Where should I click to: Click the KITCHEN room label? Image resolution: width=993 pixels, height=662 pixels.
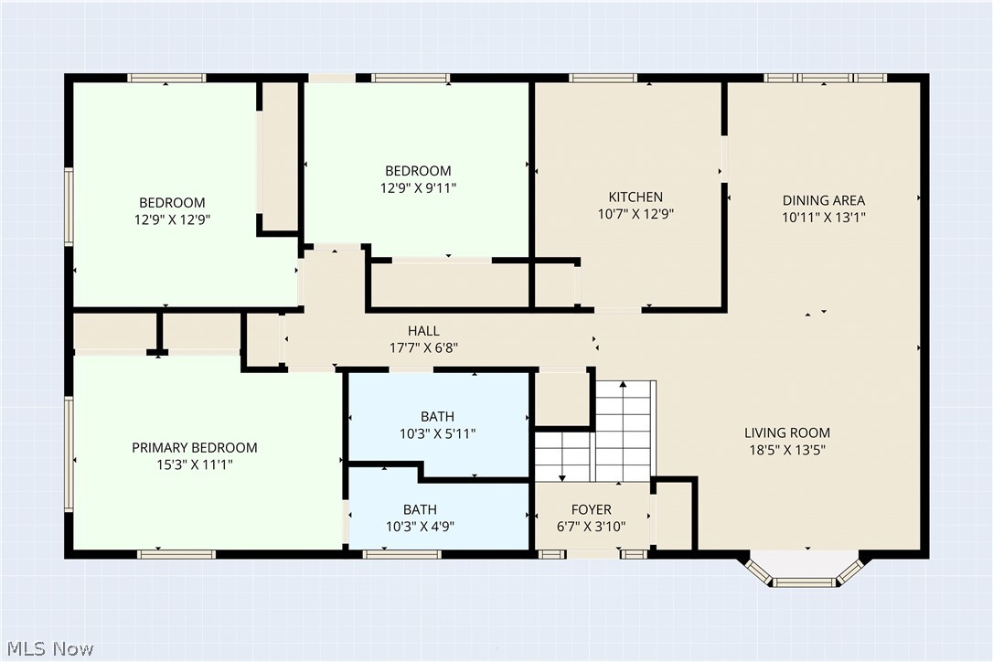coord(635,197)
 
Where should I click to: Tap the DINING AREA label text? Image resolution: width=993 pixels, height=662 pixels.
coord(823,200)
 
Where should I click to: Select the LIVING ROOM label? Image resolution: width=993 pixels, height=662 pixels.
coord(786,432)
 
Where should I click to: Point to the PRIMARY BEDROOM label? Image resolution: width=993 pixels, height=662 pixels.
coord(195,448)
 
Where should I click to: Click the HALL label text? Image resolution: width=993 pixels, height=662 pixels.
coord(423,331)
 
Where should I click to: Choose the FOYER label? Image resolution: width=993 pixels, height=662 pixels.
coord(592,509)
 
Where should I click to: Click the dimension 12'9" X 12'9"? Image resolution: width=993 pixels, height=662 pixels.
coord(172,219)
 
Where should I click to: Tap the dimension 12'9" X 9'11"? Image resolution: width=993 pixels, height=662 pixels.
coord(418,188)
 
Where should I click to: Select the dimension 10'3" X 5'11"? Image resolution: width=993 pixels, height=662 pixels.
coord(437,434)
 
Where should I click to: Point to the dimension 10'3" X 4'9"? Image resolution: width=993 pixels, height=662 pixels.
coord(420,527)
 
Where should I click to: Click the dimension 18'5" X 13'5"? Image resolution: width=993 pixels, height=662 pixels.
coord(787,451)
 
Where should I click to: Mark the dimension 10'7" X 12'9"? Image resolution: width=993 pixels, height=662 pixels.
coord(635,214)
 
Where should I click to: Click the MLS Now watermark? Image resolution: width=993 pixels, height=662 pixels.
coord(50,648)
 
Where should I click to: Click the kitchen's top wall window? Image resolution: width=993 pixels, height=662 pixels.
coord(603,78)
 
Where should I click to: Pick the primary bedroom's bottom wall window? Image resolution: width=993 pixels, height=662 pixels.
coord(176,554)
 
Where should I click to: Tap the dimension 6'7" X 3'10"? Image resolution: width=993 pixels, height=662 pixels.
coord(592,527)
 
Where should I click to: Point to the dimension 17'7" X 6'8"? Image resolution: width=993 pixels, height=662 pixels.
coord(423,347)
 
